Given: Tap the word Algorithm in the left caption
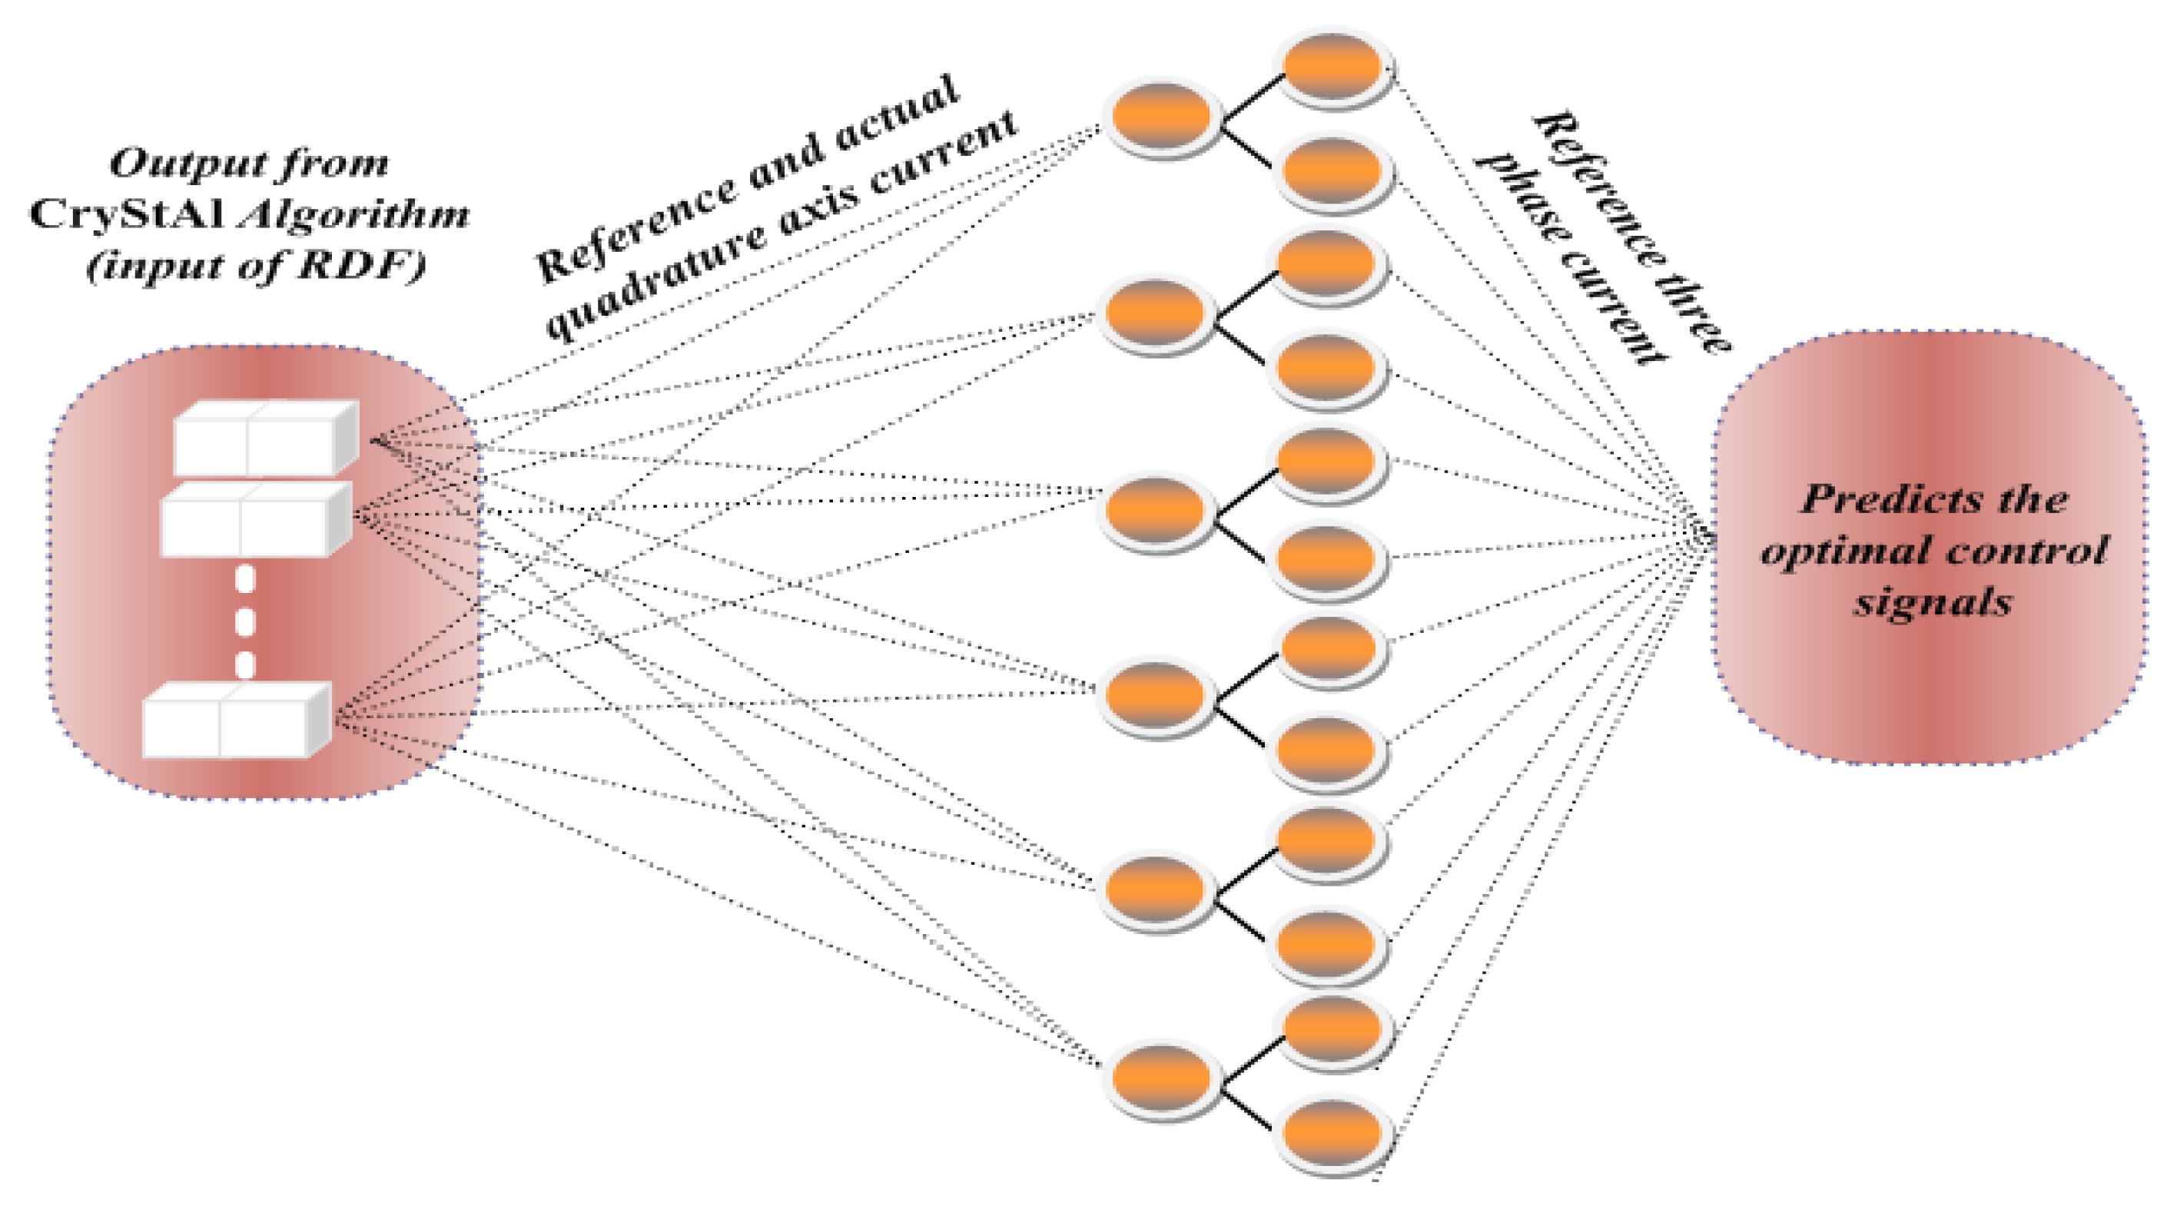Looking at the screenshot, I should tap(353, 214).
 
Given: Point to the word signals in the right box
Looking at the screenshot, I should tap(1933, 602).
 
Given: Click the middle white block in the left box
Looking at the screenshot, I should tap(254, 519).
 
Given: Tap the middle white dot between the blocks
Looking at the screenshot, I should tap(245, 623).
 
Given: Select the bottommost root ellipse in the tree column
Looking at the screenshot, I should tap(1160, 1078).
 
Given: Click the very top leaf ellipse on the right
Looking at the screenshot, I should tap(1332, 67).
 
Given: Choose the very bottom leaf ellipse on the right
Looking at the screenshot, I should tap(1332, 1134).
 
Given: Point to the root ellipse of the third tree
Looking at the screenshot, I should tap(1154, 509).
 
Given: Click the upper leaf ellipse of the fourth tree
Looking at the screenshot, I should tap(1329, 649).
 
